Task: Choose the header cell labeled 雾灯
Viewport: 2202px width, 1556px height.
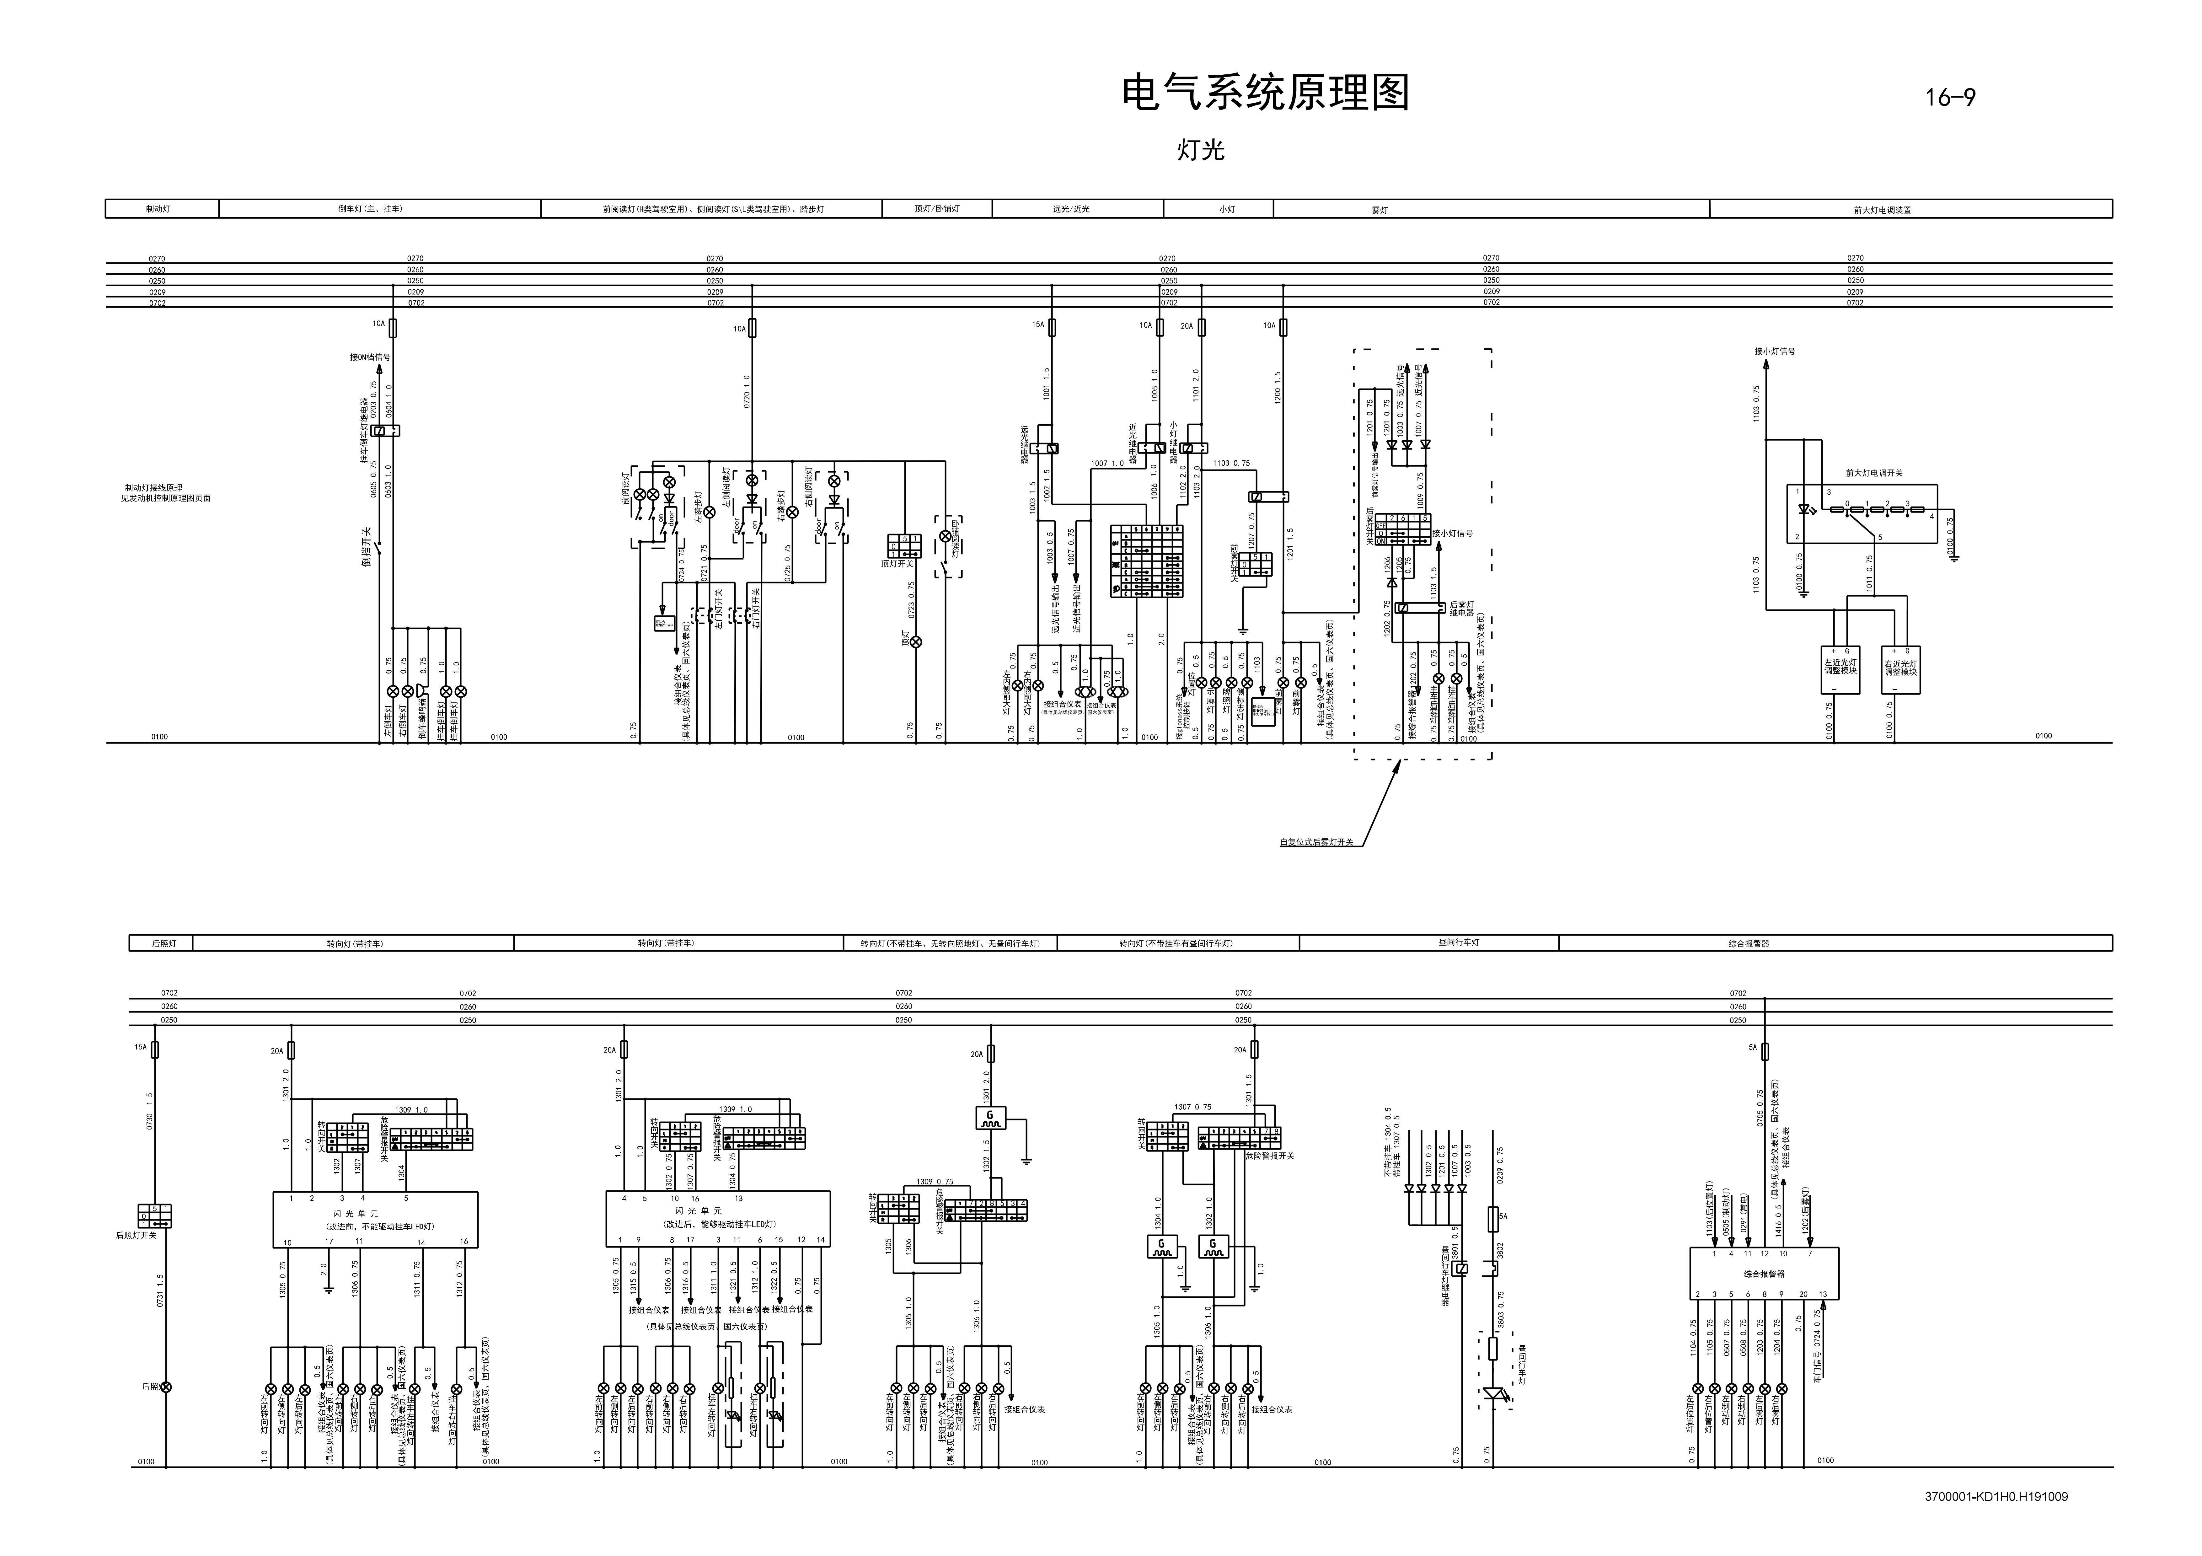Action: tap(1379, 209)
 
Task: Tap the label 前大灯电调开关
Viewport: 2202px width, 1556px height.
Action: tap(1873, 473)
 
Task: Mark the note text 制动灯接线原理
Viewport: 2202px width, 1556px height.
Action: tap(153, 487)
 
